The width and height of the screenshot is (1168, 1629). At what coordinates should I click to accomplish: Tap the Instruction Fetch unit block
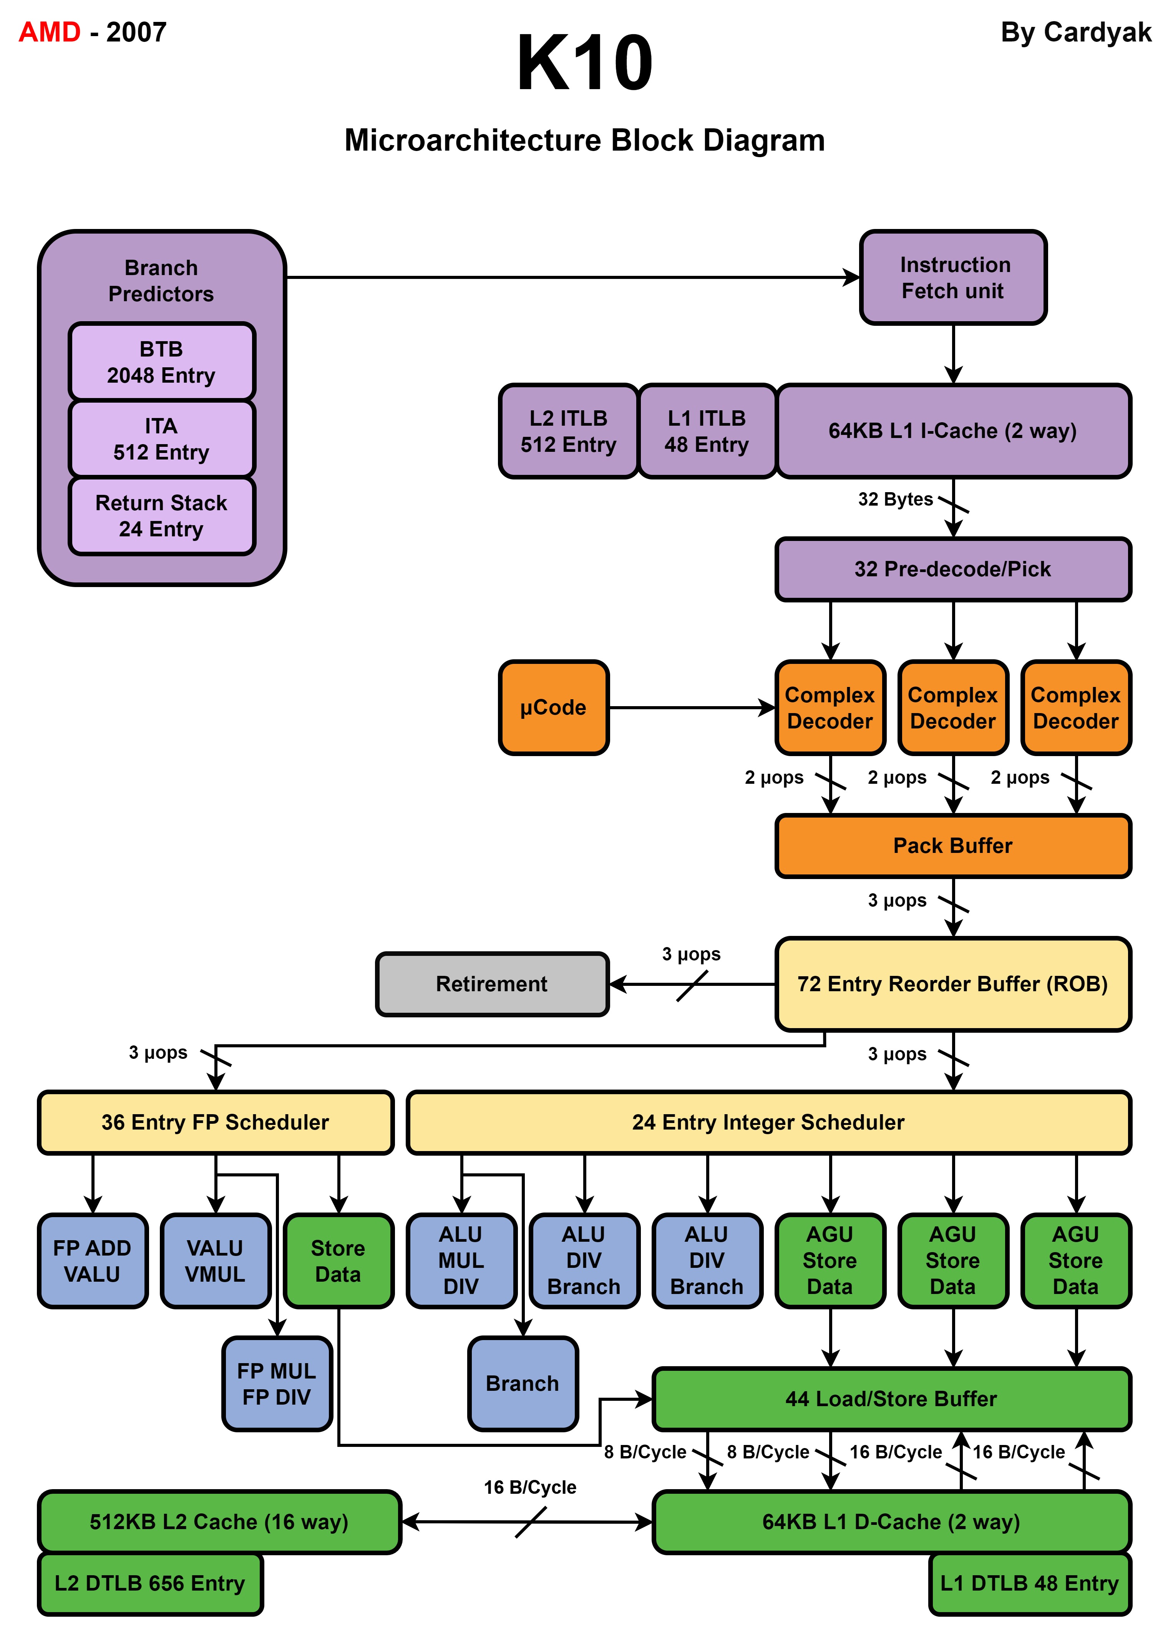coord(953,278)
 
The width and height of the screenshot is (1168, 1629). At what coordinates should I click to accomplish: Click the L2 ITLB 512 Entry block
coord(568,431)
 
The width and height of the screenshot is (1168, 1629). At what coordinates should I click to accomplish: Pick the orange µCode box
coord(554,707)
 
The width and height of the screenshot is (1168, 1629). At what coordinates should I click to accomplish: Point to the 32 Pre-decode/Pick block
coord(953,569)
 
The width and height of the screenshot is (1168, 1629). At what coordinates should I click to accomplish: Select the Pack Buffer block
coord(953,845)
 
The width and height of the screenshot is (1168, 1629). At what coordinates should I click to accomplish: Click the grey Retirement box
coord(492,984)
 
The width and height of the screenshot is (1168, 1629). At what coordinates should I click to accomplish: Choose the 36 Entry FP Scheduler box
coord(216,1122)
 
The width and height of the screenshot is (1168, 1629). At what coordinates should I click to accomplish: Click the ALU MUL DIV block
coord(461,1261)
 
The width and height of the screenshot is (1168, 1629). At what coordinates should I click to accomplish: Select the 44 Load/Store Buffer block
coord(891,1398)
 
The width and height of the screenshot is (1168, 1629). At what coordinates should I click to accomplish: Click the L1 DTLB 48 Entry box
coord(1030,1583)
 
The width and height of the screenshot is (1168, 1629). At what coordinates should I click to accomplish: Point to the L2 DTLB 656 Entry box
coord(150,1583)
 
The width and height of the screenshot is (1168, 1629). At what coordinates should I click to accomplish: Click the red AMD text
coord(50,32)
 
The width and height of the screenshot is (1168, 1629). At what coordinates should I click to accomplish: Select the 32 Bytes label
coord(895,499)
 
